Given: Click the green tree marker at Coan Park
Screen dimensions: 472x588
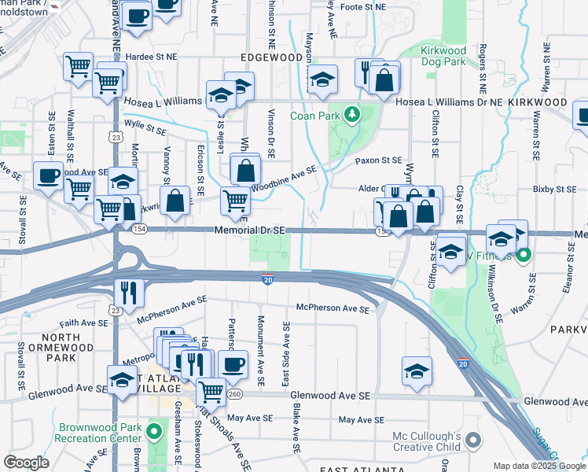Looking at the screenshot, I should pos(353,115).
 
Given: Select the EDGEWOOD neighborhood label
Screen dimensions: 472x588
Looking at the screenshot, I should pos(273,58).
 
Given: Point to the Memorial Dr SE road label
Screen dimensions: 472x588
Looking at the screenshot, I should pos(250,230).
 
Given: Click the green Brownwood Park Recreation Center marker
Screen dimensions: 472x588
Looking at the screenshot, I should pos(155,430).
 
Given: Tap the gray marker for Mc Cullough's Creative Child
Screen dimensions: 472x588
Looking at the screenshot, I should pos(472,439).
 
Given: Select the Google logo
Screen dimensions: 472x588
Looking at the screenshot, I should pos(26,462).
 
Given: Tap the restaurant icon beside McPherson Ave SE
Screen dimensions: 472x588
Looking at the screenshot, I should pos(127,293).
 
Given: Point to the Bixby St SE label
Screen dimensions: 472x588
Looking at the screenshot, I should pos(554,189).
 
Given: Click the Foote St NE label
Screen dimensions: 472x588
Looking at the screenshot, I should pos(364,6).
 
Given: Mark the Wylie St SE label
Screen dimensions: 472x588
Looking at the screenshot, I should pos(145,130).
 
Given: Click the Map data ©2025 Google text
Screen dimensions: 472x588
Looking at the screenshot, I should pos(538,465).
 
